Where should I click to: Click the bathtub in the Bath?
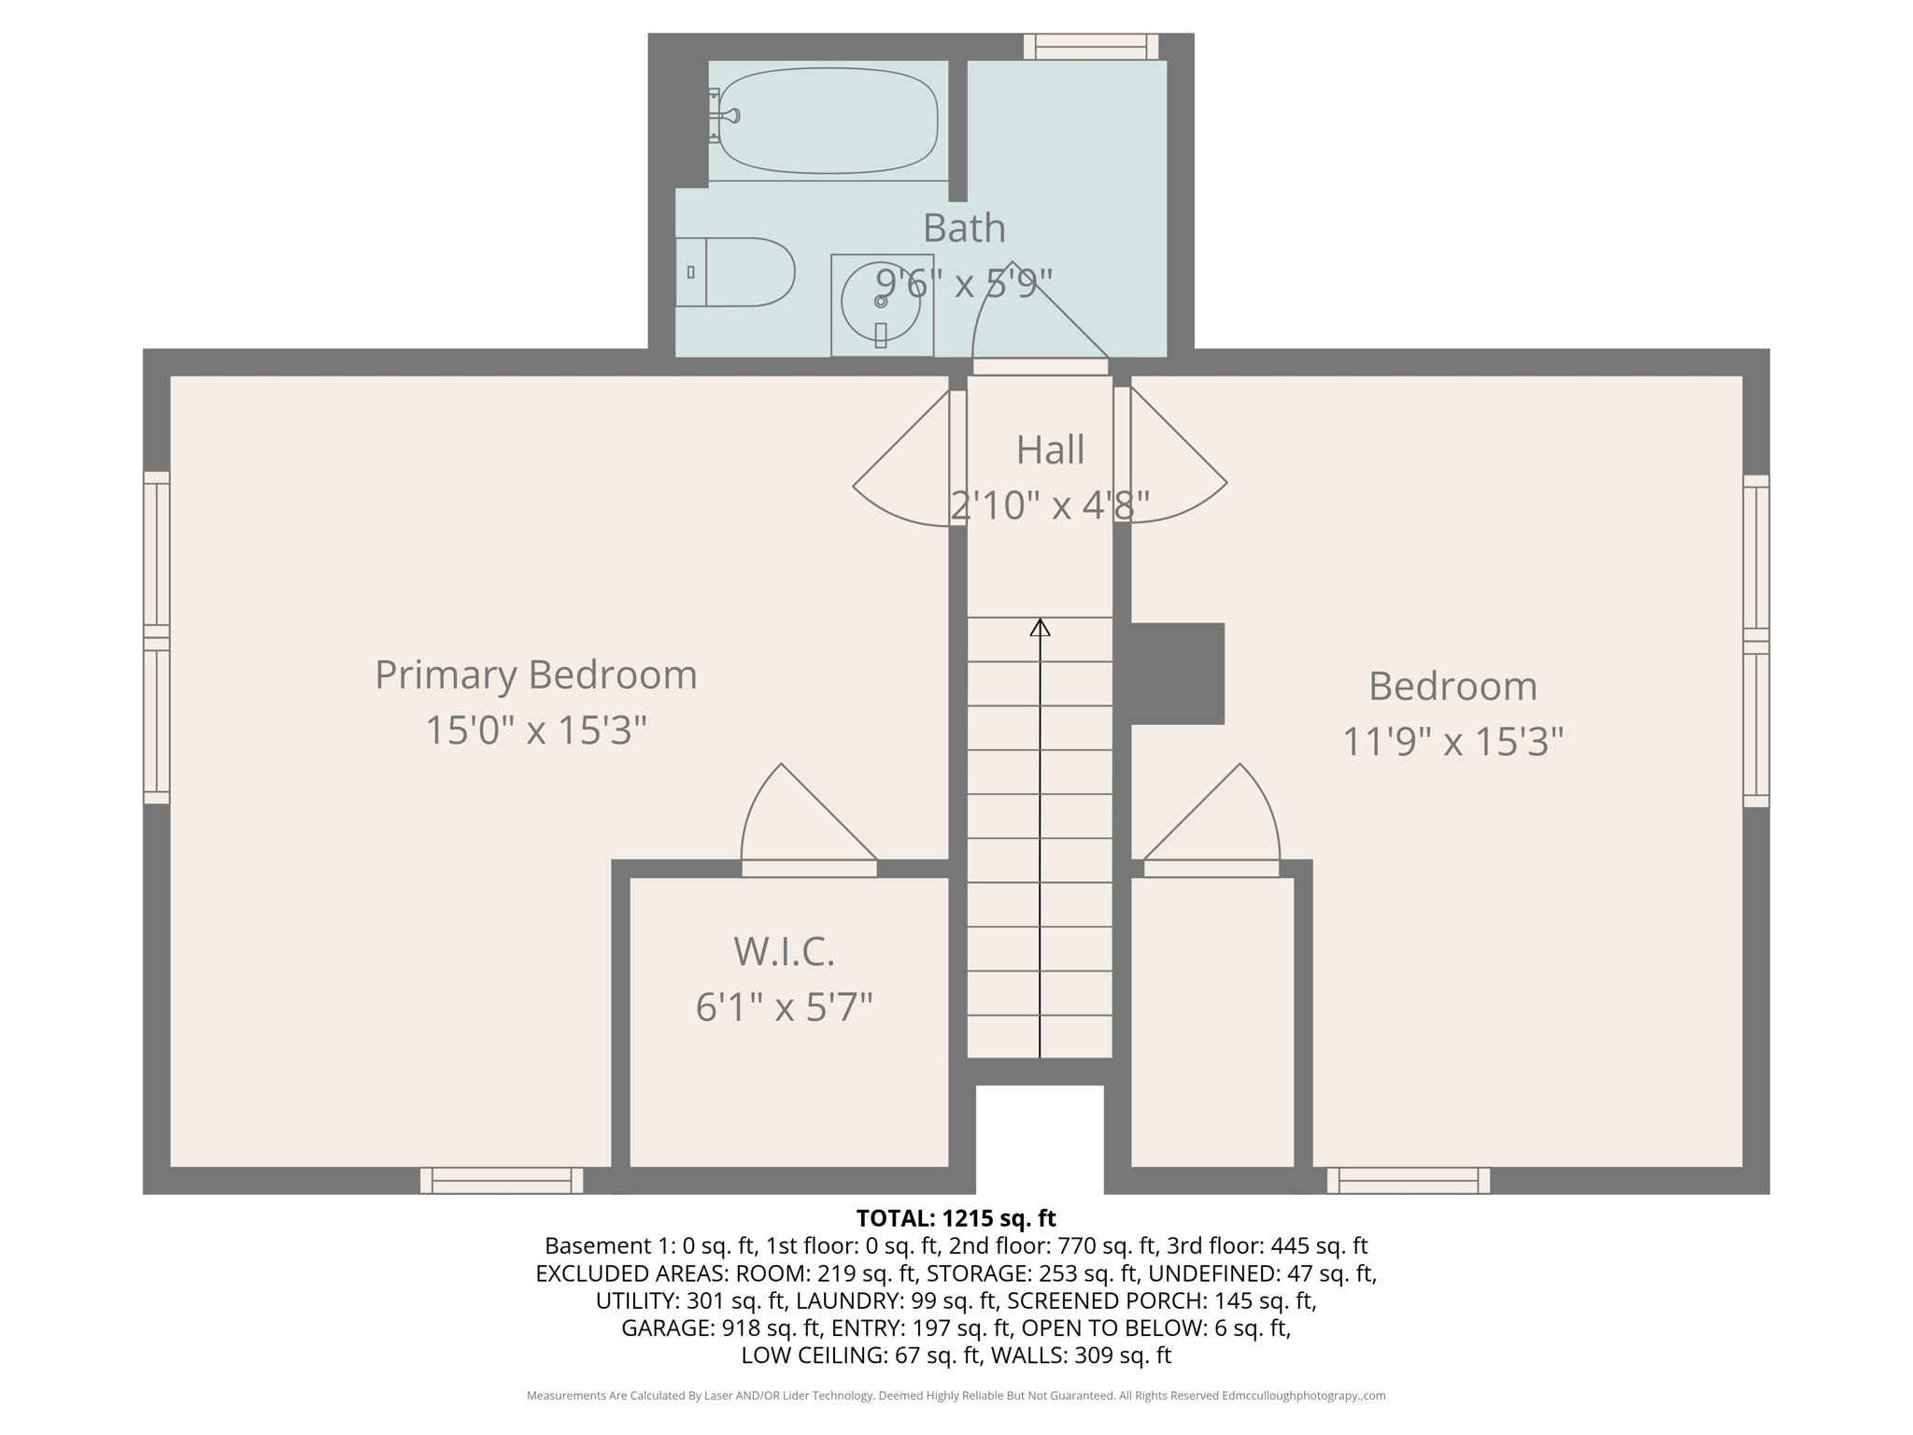pyautogui.click(x=828, y=121)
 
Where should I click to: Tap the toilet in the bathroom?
pyautogui.click(x=738, y=272)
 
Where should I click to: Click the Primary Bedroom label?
pyautogui.click(x=535, y=675)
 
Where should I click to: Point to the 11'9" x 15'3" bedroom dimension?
pyautogui.click(x=1452, y=742)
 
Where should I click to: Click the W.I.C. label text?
pyautogui.click(x=784, y=952)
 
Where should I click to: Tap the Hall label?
pyautogui.click(x=1050, y=449)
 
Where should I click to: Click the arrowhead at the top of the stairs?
pyautogui.click(x=1040, y=627)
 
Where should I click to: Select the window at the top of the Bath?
pyautogui.click(x=1090, y=47)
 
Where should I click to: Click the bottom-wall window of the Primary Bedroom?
pyautogui.click(x=502, y=1181)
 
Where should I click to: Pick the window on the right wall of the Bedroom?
pyautogui.click(x=1756, y=641)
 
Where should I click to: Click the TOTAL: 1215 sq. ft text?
pyautogui.click(x=956, y=1218)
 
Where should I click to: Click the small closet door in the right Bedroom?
pyautogui.click(x=1214, y=822)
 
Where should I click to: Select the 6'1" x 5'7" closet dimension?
pyautogui.click(x=784, y=1007)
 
